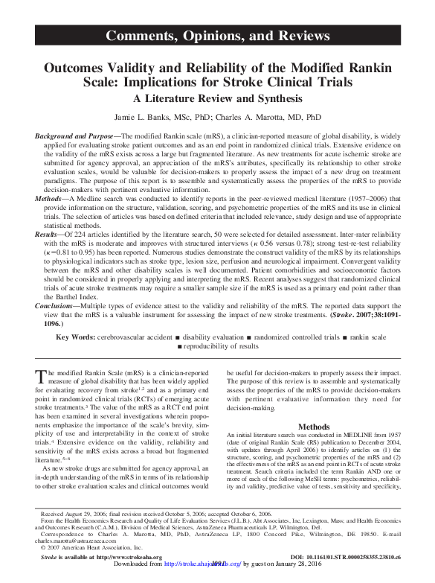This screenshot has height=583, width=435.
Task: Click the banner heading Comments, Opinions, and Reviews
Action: (217, 35)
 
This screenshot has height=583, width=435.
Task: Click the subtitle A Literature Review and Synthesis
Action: (217, 98)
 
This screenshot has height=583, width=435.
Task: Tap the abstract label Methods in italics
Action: (51, 200)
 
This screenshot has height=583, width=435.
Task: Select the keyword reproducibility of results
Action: (223, 348)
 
